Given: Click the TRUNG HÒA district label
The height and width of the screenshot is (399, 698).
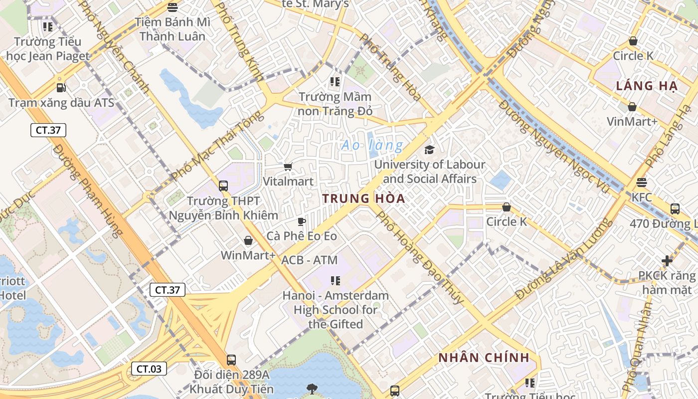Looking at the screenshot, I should click(363, 199).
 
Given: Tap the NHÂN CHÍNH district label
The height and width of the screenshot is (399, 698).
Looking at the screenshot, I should click(484, 358).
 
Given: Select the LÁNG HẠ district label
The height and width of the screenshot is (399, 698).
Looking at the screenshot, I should click(647, 86).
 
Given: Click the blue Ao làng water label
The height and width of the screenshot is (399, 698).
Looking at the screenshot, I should click(372, 146).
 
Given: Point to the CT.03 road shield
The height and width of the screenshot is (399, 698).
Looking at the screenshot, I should click(149, 369).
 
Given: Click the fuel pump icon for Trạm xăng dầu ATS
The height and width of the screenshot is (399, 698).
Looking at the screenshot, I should click(61, 88).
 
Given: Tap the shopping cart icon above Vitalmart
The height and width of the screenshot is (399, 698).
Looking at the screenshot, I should click(288, 167).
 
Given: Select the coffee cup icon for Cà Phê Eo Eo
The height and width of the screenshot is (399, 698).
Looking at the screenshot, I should click(301, 221).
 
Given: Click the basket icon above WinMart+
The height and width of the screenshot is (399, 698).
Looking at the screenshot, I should click(248, 241).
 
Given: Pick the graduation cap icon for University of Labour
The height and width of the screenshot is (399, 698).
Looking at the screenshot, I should click(429, 150).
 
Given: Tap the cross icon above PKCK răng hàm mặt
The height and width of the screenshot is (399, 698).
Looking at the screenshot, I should click(667, 261).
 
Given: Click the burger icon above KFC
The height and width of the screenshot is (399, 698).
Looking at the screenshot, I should click(642, 183).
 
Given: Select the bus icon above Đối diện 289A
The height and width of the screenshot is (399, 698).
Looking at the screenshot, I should click(231, 360).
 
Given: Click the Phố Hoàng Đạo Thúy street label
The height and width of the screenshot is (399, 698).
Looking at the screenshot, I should click(420, 257).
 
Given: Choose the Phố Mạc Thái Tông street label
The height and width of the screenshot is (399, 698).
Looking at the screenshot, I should click(217, 146).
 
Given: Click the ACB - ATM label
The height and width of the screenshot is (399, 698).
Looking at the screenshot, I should click(309, 260).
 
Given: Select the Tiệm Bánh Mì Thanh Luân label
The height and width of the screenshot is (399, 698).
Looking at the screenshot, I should click(173, 29).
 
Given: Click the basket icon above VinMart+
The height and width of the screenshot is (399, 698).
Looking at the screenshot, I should click(632, 107).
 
